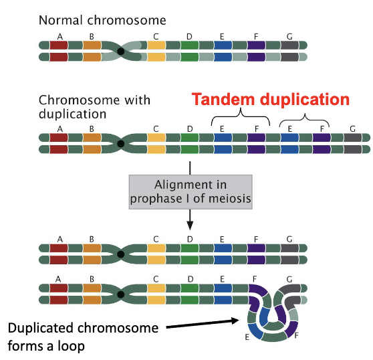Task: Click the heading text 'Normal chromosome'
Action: [x=102, y=20]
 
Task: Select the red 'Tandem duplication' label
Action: [x=271, y=100]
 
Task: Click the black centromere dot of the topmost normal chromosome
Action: [x=120, y=52]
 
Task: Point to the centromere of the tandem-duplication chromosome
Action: [x=120, y=143]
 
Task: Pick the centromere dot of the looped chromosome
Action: [x=120, y=294]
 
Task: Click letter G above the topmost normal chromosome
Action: [x=289, y=36]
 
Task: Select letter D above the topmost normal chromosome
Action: [x=190, y=36]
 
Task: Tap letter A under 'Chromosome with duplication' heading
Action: [x=60, y=128]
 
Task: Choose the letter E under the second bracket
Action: [x=289, y=128]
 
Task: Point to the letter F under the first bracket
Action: [x=256, y=128]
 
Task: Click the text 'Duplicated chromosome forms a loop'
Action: [x=84, y=337]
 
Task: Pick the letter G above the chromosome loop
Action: [x=289, y=278]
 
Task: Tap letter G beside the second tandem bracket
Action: [x=352, y=128]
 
